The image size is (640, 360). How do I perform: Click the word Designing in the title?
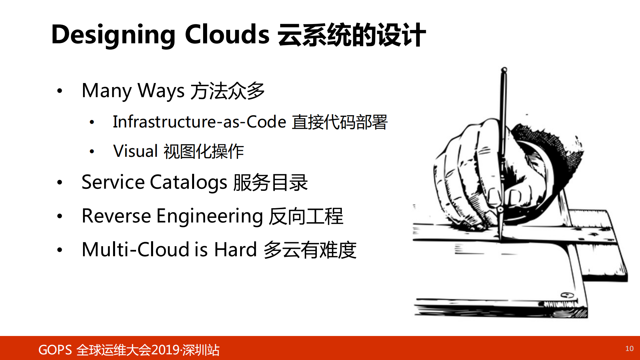[x=113, y=35]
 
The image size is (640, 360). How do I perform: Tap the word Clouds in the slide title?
[x=227, y=34]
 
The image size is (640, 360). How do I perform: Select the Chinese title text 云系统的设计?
[x=352, y=35]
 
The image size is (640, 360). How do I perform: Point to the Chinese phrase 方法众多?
[x=227, y=91]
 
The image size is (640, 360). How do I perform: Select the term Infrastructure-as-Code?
[x=199, y=122]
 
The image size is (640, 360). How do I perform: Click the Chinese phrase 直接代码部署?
[x=340, y=122]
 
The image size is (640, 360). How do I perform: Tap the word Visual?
[x=135, y=151]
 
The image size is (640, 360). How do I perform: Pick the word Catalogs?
[x=188, y=183]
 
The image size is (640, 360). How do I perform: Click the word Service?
[x=113, y=183]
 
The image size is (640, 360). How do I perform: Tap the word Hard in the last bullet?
[x=235, y=250]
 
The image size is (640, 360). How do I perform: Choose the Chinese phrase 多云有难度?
[x=310, y=250]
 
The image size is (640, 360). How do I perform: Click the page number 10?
[x=629, y=349]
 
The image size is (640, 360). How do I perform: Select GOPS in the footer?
[x=55, y=350]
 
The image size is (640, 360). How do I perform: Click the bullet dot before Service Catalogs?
[x=60, y=182]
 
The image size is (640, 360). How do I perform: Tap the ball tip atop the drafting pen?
[x=504, y=70]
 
